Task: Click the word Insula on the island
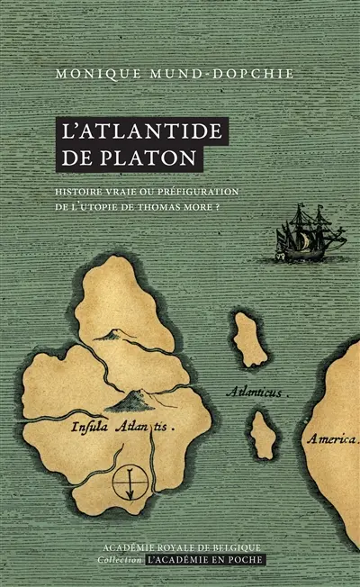[x=88, y=429]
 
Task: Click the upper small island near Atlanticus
[x=247, y=339]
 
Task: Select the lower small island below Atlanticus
[x=264, y=434]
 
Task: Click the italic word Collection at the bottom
[x=118, y=560]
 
